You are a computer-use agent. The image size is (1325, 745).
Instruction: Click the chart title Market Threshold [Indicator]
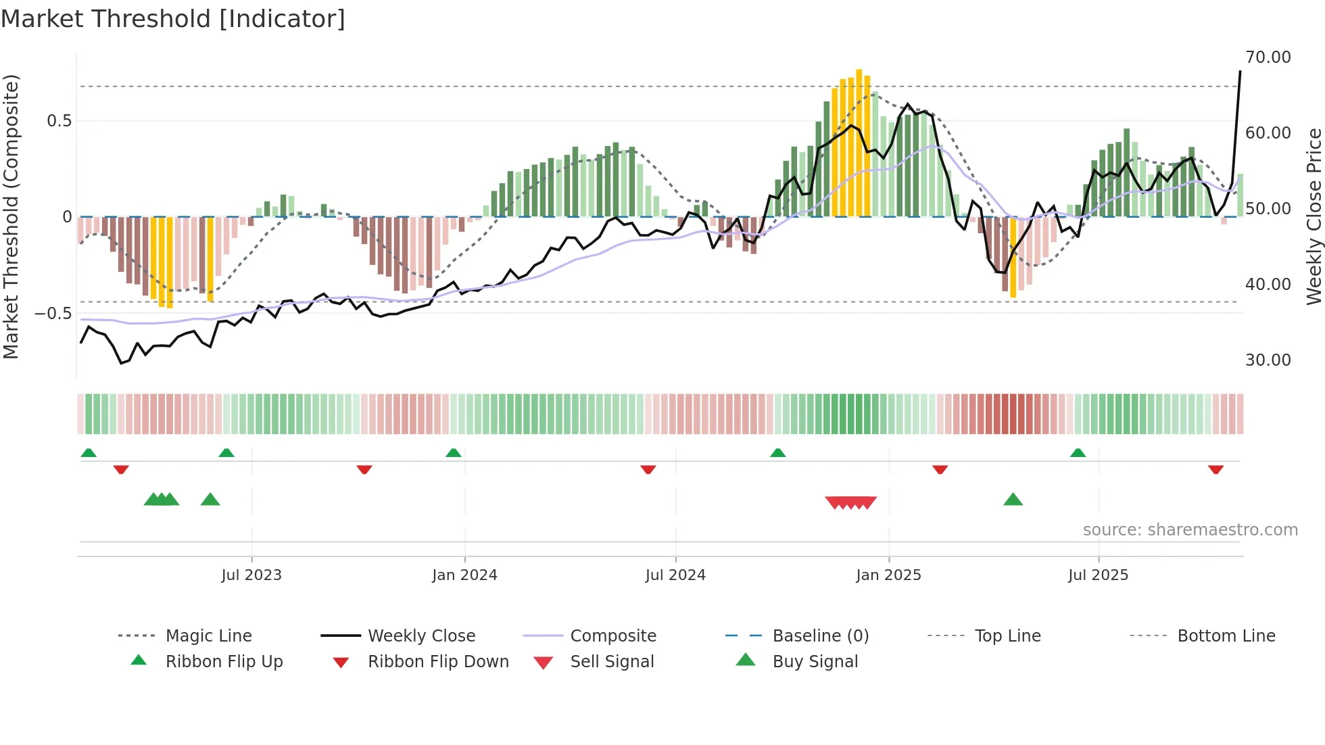173,19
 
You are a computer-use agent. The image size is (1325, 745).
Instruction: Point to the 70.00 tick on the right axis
1268,57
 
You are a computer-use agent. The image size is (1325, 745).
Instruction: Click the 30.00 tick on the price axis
1268,360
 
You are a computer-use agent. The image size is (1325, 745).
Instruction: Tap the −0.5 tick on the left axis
53,314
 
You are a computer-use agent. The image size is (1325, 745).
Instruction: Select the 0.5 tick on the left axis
59,121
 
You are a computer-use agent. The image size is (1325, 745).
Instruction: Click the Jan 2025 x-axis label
888,575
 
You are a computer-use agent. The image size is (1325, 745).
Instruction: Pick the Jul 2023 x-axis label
251,575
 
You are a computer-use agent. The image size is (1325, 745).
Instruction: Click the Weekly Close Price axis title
1314,216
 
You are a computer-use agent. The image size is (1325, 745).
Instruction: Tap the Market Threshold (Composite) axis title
11,216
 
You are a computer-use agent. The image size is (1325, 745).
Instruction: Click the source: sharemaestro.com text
1190,530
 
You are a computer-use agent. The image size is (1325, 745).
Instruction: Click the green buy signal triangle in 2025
1013,500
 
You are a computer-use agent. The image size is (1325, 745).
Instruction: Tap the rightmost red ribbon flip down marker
1215,469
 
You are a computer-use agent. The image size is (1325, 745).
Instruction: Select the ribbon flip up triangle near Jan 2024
454,453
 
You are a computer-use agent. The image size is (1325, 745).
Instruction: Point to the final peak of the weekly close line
1240,72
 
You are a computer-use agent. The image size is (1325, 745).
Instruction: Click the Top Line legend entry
1007,636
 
